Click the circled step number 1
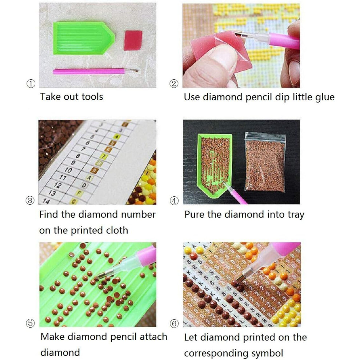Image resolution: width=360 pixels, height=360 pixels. [31, 84]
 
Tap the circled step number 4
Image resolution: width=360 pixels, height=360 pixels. [174, 201]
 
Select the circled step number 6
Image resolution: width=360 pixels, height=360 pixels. [174, 324]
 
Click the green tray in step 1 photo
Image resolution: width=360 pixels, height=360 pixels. [84, 38]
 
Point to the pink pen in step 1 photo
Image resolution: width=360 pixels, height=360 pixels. [96, 71]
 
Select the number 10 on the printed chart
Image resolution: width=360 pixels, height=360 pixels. [68, 170]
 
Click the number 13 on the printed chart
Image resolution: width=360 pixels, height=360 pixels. [52, 193]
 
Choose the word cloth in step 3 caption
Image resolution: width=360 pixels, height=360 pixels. [116, 230]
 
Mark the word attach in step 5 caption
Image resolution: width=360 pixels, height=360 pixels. [153, 337]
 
